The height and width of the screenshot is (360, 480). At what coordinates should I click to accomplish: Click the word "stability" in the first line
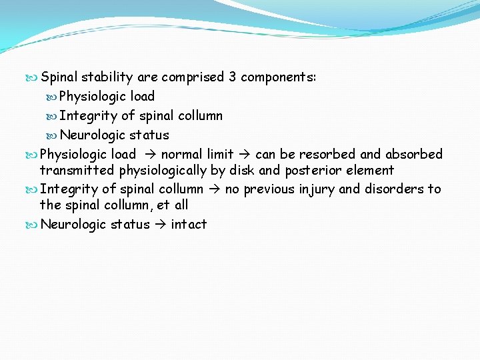(x=106, y=77)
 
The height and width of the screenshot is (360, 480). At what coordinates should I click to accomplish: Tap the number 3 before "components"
(x=232, y=77)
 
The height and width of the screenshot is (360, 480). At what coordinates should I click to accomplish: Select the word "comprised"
(x=193, y=77)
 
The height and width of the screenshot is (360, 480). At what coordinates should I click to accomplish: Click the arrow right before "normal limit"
(x=149, y=154)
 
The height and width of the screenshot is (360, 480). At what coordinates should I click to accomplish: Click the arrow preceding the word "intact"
(x=160, y=224)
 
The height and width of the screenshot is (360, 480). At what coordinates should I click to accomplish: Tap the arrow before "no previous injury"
(x=214, y=189)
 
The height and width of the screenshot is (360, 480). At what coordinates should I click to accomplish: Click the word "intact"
(x=189, y=224)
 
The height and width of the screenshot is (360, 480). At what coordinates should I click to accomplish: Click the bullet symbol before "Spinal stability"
(x=33, y=77)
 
